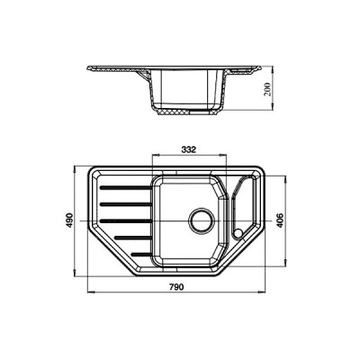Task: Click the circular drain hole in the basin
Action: pyautogui.click(x=201, y=219)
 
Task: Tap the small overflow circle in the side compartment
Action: pyautogui.click(x=237, y=232)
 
